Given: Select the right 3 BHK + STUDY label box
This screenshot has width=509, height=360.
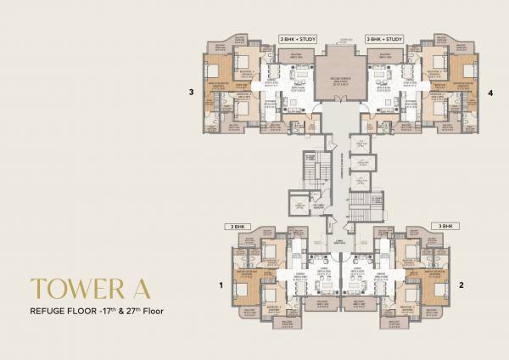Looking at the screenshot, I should coord(383,39).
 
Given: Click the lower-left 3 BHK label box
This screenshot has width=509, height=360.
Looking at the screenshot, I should coord(235,227).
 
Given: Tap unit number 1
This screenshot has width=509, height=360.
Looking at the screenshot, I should coord(220,286).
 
